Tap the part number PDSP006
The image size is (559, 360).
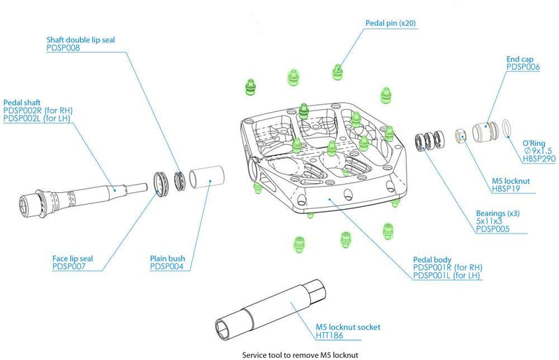point(523,68)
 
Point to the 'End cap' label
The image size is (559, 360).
point(520,59)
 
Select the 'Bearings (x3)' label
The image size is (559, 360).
point(497,212)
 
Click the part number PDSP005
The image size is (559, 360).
point(493,229)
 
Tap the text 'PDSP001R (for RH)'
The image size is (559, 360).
point(448,267)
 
